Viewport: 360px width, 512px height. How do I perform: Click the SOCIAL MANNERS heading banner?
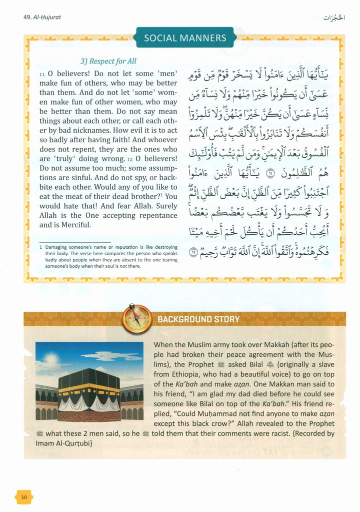point(184,38)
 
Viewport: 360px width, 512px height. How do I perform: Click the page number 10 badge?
point(24,497)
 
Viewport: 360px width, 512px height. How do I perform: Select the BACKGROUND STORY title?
point(198,319)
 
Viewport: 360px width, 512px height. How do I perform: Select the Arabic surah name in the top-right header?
point(335,16)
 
